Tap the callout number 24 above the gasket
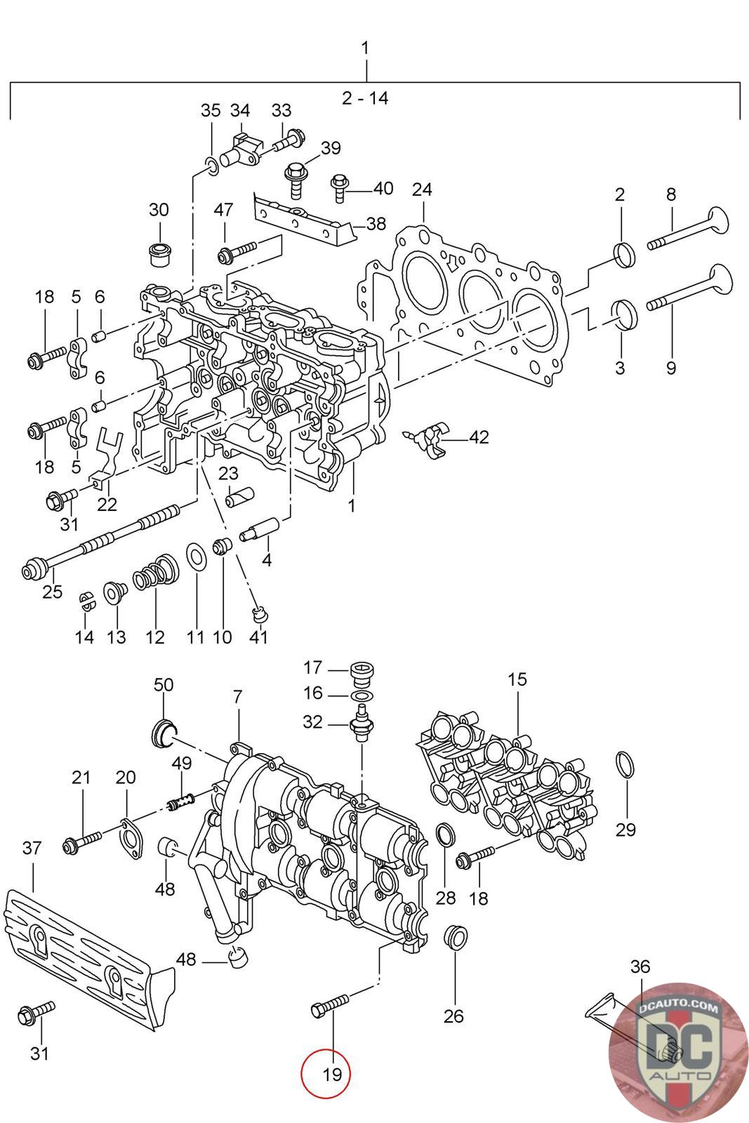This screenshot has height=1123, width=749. click(422, 190)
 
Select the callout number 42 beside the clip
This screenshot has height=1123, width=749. click(478, 437)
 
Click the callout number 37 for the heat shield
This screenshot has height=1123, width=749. click(32, 849)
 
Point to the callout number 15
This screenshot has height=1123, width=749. click(517, 679)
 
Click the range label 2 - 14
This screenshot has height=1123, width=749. click(365, 98)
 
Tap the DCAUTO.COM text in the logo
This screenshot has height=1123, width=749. click(678, 1006)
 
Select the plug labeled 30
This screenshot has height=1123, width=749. click(160, 254)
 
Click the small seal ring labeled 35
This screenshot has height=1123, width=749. click(211, 166)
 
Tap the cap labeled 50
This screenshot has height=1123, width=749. click(164, 733)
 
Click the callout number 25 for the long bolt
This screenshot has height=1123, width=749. click(52, 592)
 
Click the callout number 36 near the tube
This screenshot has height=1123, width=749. click(639, 966)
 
